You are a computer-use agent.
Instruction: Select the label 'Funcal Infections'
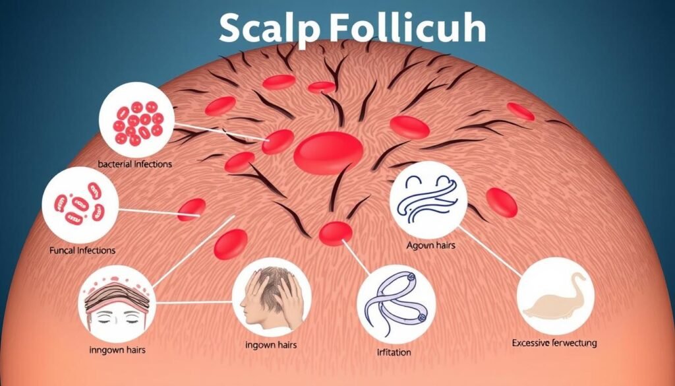click(82, 251)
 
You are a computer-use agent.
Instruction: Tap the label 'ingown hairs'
click(270, 345)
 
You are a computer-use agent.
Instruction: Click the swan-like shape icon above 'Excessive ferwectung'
click(554, 297)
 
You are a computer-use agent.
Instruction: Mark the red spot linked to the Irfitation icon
click(336, 233)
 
